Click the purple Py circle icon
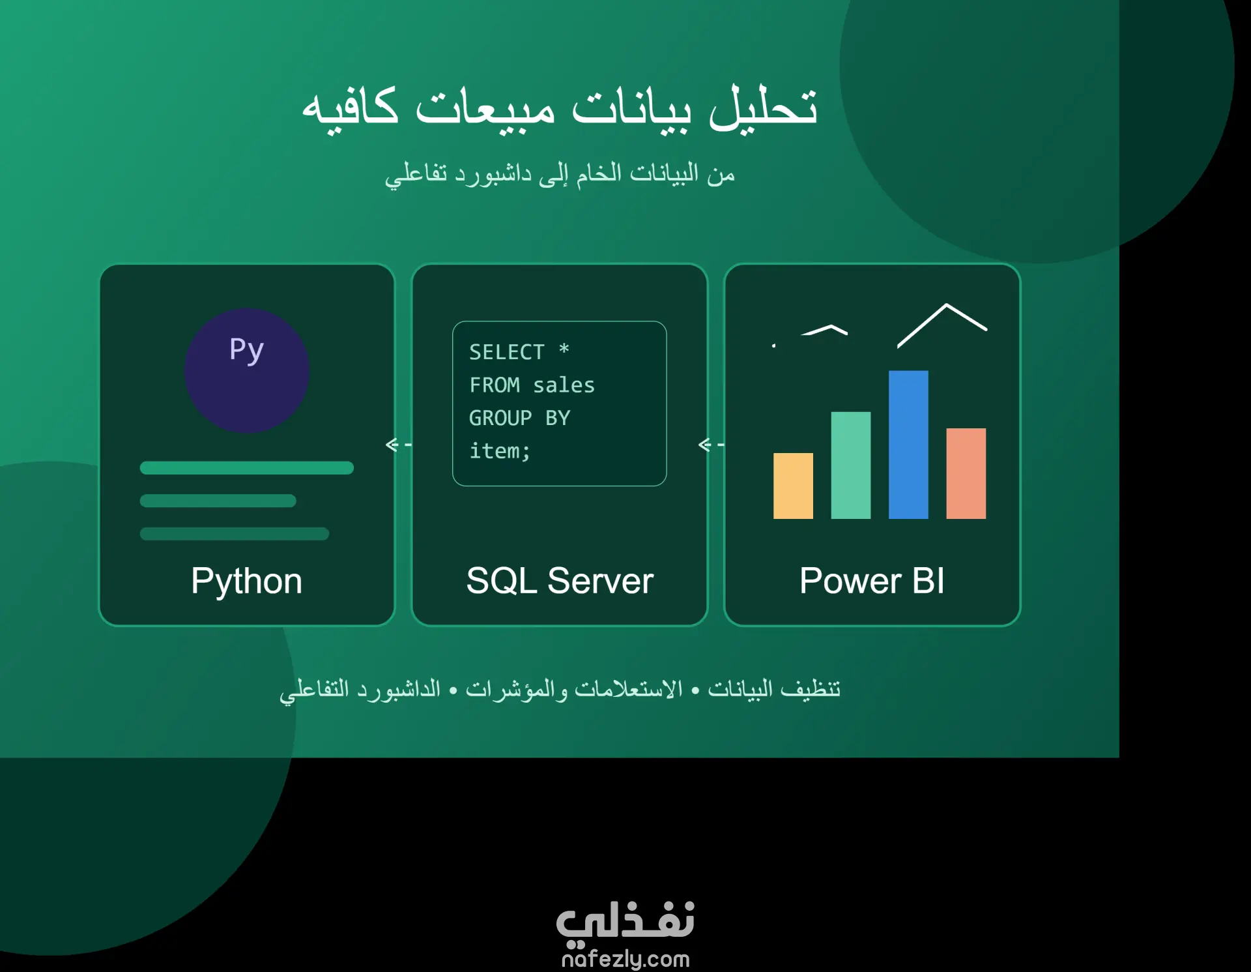click(246, 370)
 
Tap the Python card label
click(246, 582)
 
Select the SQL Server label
click(560, 581)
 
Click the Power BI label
click(872, 581)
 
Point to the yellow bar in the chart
click(793, 486)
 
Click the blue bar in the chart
click(908, 445)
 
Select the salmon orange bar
click(966, 473)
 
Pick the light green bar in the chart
click(850, 465)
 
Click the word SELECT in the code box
click(507, 352)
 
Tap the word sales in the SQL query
click(564, 385)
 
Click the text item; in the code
click(500, 451)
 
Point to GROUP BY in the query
click(519, 418)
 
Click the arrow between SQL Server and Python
click(399, 445)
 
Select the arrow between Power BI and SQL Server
click(711, 445)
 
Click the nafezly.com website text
click(625, 959)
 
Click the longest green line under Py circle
click(246, 468)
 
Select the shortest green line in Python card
click(218, 501)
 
